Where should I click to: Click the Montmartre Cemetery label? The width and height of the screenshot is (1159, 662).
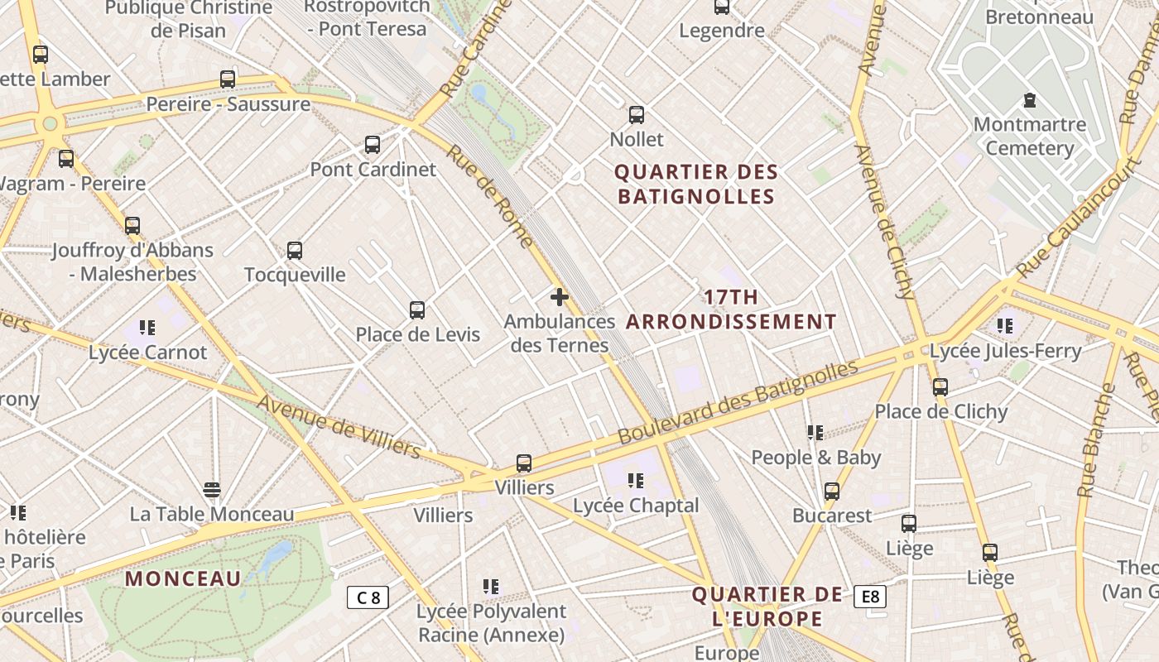point(1029,137)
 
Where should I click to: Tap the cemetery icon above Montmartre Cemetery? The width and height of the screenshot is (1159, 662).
point(1030,101)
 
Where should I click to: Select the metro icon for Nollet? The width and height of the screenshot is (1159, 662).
point(636,115)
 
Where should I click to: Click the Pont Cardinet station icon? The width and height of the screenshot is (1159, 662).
point(373,145)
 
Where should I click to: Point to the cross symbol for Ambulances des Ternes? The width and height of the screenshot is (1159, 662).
point(560,296)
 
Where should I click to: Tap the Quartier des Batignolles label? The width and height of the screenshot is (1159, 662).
point(696,185)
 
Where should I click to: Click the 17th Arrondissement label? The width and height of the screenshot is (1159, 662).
point(731,309)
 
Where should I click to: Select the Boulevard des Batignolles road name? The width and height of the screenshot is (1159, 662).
point(738,402)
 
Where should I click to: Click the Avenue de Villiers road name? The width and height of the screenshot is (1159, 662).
point(339,425)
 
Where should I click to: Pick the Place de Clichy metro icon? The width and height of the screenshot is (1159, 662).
point(940,386)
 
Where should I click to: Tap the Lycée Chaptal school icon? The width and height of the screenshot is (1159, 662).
point(635,480)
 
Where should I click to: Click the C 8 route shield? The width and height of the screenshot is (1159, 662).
point(368,597)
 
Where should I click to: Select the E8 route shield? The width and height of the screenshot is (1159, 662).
point(870,597)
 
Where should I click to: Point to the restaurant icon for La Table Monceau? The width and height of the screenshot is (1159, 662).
point(212,490)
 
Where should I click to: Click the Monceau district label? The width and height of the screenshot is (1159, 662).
point(183,578)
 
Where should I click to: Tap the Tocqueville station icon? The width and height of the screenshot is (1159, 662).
point(295,250)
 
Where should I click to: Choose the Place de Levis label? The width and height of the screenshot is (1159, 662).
point(417,334)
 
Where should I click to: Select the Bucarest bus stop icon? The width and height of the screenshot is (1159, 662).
point(832,492)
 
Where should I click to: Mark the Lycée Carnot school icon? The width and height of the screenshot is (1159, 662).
point(147,328)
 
